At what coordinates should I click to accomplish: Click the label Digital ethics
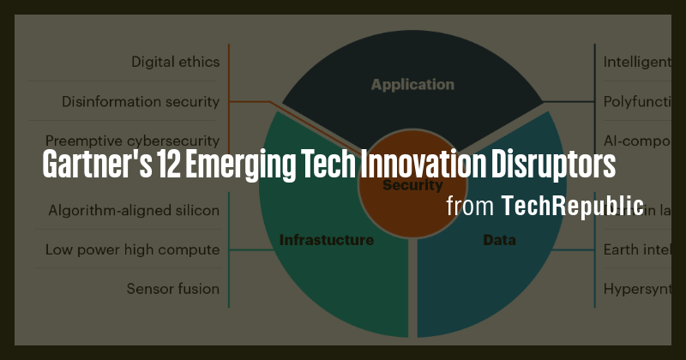tap(175, 62)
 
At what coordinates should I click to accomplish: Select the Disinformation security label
tap(141, 101)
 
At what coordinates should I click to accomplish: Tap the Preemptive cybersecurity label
tap(133, 141)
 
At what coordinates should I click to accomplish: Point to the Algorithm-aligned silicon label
tap(134, 210)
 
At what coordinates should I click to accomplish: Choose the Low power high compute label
tap(133, 249)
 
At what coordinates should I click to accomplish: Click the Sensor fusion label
tap(172, 289)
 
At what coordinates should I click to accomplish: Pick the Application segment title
tap(412, 85)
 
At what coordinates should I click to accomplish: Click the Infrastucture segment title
tap(327, 240)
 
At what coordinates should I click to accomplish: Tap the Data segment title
tap(500, 240)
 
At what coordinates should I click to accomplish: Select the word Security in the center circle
tap(412, 185)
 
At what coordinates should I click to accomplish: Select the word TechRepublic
tap(573, 206)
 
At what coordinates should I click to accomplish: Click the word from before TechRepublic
tap(470, 207)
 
